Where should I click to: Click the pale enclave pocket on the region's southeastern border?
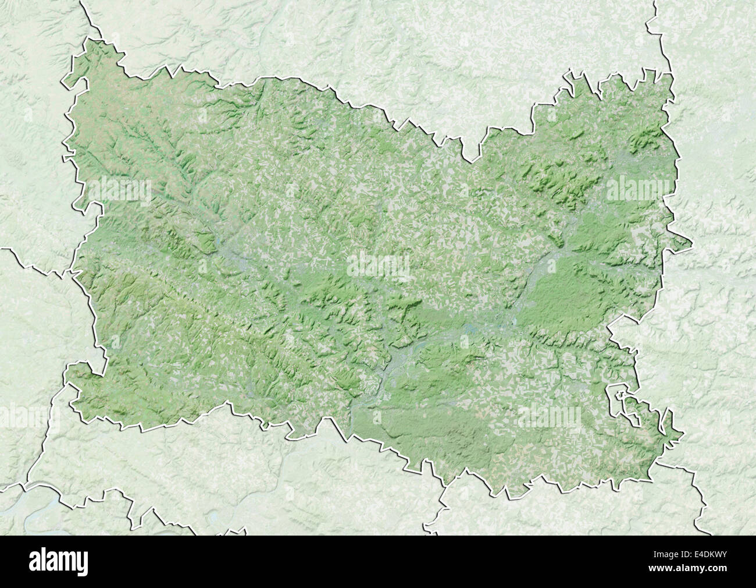click(620, 402)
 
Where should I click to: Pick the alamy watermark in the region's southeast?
click(549, 417)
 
